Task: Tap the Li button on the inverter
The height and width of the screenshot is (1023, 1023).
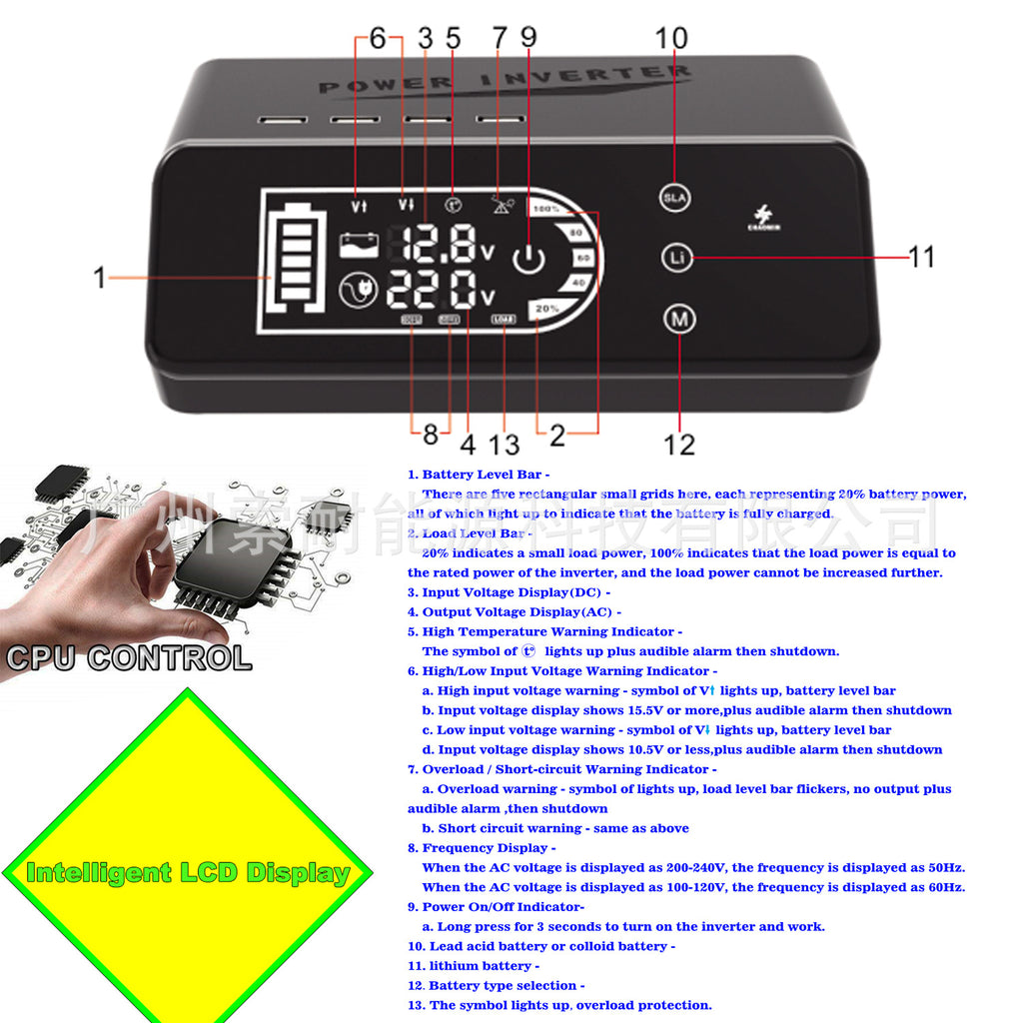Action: (x=675, y=257)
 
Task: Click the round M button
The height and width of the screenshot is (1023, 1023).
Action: (x=679, y=320)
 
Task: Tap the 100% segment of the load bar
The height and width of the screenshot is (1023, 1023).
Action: (x=546, y=210)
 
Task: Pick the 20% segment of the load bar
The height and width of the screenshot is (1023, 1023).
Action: (x=547, y=309)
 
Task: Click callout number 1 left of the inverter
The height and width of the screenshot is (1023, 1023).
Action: (x=99, y=277)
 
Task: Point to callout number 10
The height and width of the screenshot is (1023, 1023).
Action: (x=671, y=38)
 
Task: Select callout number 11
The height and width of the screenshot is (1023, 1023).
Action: (x=921, y=257)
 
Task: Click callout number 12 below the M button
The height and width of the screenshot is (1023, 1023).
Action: (x=679, y=444)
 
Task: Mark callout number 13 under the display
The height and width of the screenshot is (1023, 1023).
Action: (x=505, y=443)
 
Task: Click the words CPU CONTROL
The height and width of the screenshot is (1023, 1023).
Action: (x=129, y=658)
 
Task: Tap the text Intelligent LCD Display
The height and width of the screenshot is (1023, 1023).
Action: (x=188, y=873)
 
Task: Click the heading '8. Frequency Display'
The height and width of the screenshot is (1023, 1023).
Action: (x=482, y=848)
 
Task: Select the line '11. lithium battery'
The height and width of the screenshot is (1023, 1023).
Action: (x=474, y=966)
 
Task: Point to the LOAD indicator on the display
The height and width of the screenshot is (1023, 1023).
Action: (x=503, y=321)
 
